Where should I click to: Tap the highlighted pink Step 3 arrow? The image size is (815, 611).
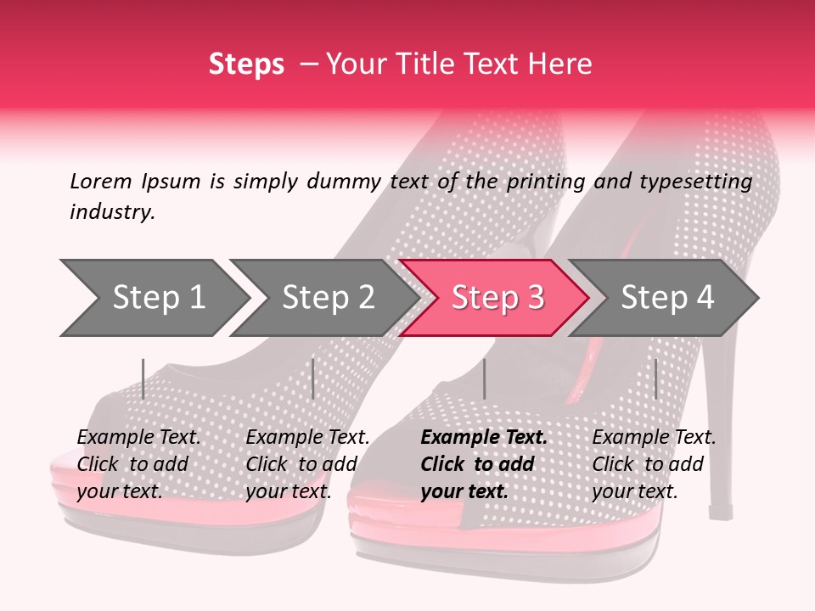pos(497,298)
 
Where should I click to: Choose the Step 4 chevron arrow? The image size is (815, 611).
pos(666,298)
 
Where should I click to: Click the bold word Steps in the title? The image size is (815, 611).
pos(246,64)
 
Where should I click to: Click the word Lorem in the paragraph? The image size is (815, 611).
pos(101,182)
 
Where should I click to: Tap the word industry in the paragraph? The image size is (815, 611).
pos(112,212)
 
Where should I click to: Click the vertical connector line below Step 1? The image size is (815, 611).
pos(143,378)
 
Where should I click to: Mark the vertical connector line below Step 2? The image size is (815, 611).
pos(313,378)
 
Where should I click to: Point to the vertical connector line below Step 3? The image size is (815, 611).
pos(484,378)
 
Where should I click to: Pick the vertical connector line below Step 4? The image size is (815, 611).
pos(655,378)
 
